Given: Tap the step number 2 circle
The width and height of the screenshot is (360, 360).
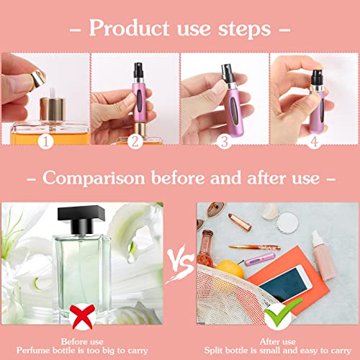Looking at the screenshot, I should [135, 143].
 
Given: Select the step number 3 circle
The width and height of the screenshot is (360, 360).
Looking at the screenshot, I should [225, 143].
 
